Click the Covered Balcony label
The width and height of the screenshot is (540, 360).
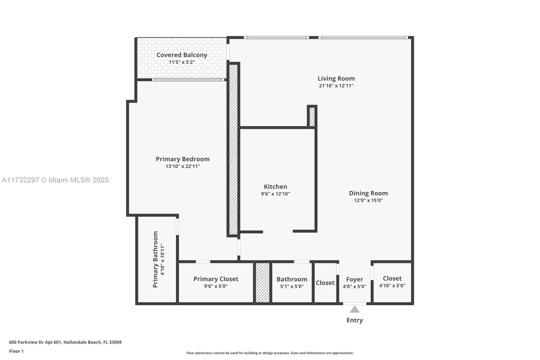(x=182, y=55)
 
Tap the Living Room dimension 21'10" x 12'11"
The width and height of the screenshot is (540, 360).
(x=336, y=86)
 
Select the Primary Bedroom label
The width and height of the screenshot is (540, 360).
(x=183, y=159)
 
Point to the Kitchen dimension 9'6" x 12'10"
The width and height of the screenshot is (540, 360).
(x=275, y=194)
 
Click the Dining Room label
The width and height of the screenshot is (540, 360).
(x=368, y=193)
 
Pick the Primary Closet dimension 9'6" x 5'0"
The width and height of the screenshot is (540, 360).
(x=216, y=286)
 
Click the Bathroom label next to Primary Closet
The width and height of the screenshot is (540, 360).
(x=292, y=279)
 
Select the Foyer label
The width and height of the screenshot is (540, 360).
(x=354, y=279)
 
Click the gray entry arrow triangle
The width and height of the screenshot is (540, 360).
(x=354, y=310)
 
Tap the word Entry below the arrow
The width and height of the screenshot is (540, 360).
(x=354, y=320)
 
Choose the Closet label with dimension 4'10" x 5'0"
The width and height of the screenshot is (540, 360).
(x=392, y=279)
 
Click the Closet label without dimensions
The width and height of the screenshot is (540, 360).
(x=325, y=283)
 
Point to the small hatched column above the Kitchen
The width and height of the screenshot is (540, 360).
(x=312, y=117)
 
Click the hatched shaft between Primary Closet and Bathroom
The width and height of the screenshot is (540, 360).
(x=263, y=282)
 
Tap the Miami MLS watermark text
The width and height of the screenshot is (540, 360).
(x=55, y=180)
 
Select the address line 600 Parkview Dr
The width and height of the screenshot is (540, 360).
(x=65, y=342)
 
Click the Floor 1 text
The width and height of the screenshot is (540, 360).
(x=16, y=351)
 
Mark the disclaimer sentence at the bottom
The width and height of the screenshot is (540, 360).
(x=270, y=353)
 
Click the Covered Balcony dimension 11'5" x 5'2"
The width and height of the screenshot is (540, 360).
(x=182, y=62)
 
